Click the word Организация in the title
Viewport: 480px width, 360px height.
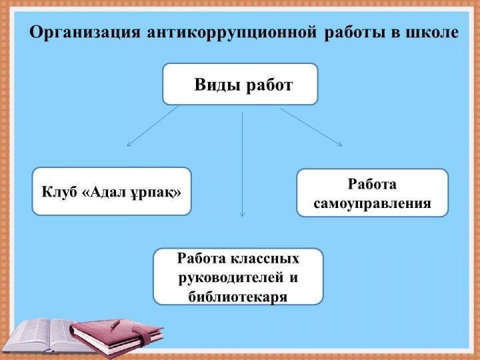85,33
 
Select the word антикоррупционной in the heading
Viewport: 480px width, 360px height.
232,33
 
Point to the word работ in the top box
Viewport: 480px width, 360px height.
269,85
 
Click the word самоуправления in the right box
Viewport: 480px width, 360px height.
372,203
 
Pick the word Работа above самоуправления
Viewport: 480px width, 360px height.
372,184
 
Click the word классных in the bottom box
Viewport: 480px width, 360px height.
265,259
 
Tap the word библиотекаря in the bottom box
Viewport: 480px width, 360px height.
238,296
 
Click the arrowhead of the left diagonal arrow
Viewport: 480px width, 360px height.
127,145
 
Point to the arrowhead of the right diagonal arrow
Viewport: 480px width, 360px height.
341,145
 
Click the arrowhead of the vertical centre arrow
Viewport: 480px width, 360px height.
242,216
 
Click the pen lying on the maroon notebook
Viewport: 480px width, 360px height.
115,323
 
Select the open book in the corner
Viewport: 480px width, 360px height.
46,335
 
